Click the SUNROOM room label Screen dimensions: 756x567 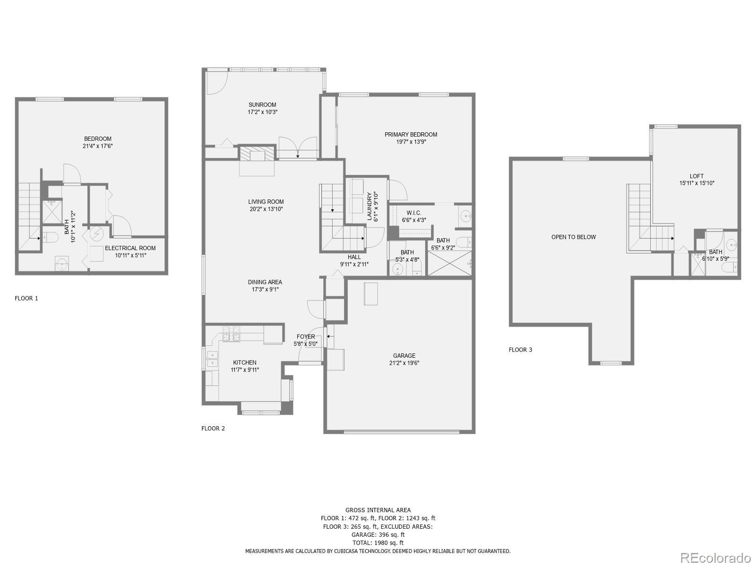262,104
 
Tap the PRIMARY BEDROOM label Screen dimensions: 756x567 411,135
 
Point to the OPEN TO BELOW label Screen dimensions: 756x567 574,237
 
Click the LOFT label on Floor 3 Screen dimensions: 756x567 696,176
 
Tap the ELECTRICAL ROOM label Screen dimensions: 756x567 130,248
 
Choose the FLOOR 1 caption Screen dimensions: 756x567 26,298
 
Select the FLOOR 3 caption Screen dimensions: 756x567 520,350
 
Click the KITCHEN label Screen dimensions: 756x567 245,362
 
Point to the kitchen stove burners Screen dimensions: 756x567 232,334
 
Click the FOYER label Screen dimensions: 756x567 306,336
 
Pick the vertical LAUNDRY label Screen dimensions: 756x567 369,206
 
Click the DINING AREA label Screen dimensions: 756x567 265,282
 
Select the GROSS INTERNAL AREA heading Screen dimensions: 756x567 378,510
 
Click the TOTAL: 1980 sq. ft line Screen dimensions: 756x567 378,542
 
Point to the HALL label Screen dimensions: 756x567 354,257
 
